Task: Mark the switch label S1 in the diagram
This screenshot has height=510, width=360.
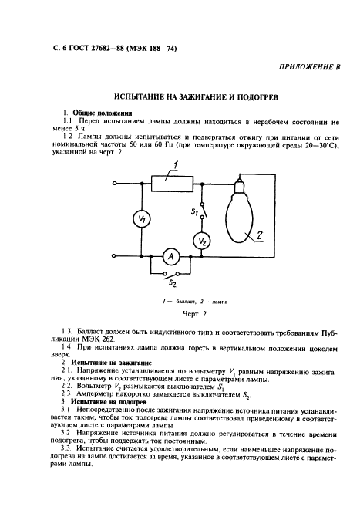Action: [196, 210]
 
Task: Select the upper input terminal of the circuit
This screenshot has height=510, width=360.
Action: [115, 184]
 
